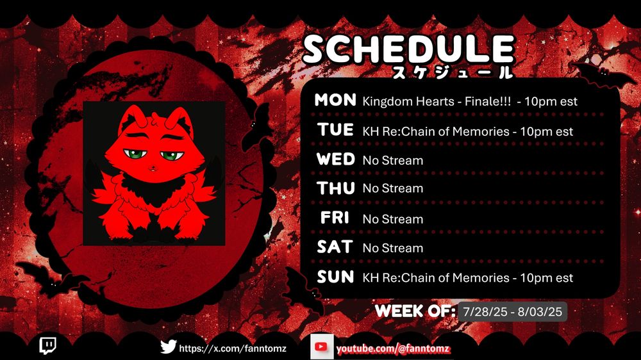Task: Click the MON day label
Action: [335, 100]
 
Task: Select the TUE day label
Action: [336, 130]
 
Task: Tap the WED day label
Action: [336, 160]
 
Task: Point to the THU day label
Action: [336, 188]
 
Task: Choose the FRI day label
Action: [335, 218]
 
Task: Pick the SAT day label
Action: [335, 247]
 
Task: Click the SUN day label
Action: [336, 277]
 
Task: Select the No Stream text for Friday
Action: [393, 219]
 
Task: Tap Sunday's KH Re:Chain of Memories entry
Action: [468, 278]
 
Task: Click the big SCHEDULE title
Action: [409, 49]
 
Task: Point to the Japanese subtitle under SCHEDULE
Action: [452, 72]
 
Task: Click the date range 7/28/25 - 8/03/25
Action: [513, 312]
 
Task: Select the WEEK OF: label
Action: [415, 311]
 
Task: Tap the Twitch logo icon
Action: [48, 346]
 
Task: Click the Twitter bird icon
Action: [168, 347]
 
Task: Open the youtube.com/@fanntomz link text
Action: [393, 349]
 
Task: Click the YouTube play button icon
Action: [321, 347]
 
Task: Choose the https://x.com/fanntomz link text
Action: [233, 348]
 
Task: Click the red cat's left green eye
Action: [135, 154]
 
